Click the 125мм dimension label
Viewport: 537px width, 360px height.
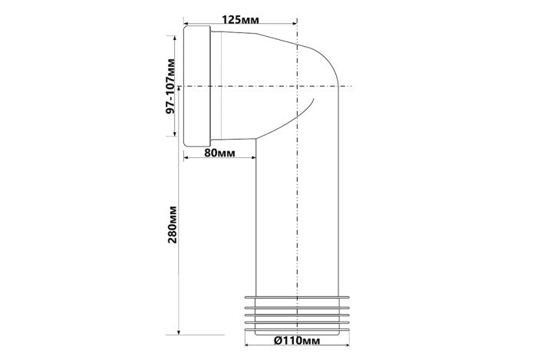click(x=240, y=19)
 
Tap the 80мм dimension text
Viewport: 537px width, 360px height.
click(x=219, y=153)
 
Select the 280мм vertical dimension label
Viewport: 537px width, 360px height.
click(x=173, y=224)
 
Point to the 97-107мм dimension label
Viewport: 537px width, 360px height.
click(x=170, y=86)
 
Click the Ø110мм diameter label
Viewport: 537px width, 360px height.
click(x=298, y=341)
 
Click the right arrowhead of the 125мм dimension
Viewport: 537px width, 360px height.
click(x=295, y=23)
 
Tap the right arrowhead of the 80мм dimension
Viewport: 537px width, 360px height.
click(x=253, y=157)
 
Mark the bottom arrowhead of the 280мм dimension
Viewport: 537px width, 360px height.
click(x=179, y=332)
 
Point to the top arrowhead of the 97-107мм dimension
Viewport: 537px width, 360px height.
click(x=175, y=38)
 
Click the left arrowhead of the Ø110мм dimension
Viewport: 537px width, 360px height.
click(x=247, y=345)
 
